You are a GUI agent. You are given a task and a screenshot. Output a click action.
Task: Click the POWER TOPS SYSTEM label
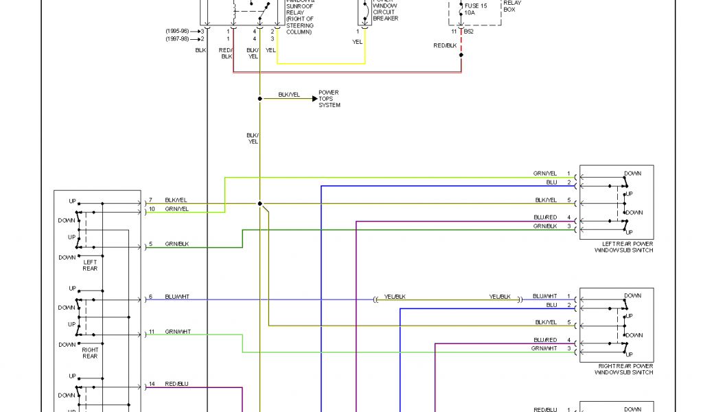point(329,99)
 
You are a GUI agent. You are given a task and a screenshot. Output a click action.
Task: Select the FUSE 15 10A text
point(476,9)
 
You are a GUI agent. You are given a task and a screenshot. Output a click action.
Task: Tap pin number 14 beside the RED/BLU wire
point(152,384)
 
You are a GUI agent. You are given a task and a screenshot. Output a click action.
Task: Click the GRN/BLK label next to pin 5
point(176,244)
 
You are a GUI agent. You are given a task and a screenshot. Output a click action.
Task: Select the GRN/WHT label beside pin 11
point(178,332)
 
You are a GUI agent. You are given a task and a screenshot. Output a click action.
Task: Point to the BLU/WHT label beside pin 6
point(177,297)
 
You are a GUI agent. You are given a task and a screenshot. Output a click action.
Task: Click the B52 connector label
point(468,32)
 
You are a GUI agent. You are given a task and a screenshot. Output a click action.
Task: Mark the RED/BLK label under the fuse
point(445,45)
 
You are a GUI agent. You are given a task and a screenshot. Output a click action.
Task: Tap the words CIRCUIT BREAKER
point(385,15)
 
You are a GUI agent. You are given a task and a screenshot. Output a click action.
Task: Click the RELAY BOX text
point(512,6)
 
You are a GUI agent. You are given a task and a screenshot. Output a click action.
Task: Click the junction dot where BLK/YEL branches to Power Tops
point(260,99)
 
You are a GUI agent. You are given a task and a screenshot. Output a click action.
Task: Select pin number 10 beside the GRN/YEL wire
point(152,208)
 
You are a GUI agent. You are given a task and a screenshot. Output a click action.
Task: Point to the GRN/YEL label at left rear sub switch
point(544,174)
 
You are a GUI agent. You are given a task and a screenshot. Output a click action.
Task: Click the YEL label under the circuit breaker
point(357,41)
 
